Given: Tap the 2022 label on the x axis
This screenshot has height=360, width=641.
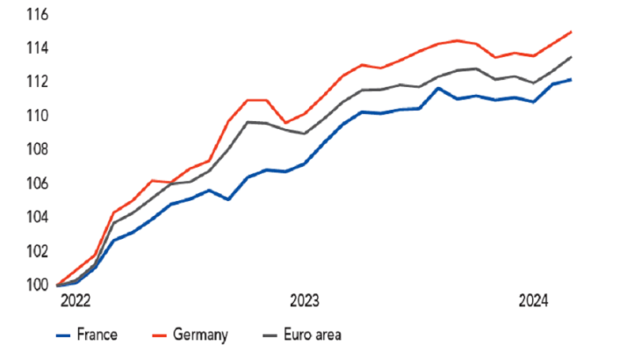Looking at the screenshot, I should pos(75,302).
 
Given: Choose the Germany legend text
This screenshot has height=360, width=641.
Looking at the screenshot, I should pos(201,335).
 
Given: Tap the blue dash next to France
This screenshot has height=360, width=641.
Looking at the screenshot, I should pos(62,335).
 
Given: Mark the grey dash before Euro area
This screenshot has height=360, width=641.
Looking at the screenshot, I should pos(272,335).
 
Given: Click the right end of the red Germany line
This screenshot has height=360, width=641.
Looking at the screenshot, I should pos(572,32).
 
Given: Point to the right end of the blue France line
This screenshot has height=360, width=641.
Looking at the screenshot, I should pos(572,80).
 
